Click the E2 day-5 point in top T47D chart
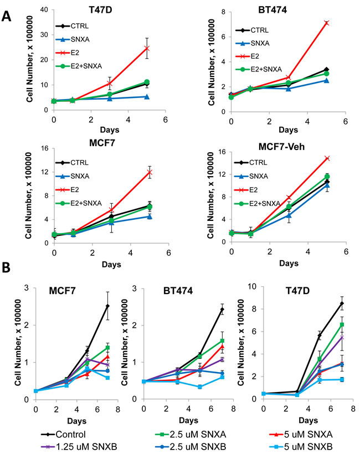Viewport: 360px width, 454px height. click(x=131, y=48)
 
